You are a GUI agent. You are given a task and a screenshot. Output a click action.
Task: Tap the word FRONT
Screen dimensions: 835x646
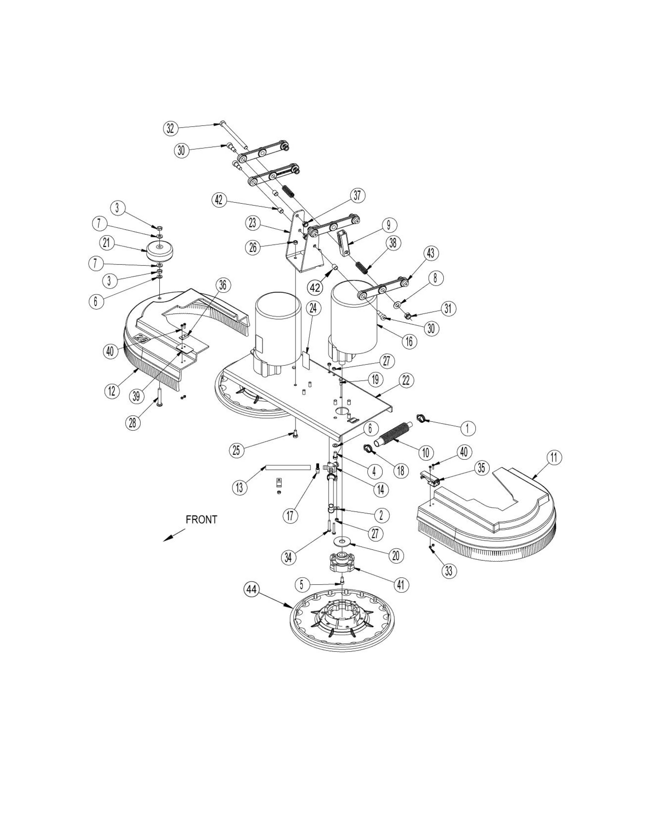(x=201, y=520)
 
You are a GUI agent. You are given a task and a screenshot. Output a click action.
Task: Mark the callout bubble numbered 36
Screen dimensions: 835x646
(x=222, y=285)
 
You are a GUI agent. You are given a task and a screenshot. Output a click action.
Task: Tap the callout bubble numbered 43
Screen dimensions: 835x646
(x=431, y=253)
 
